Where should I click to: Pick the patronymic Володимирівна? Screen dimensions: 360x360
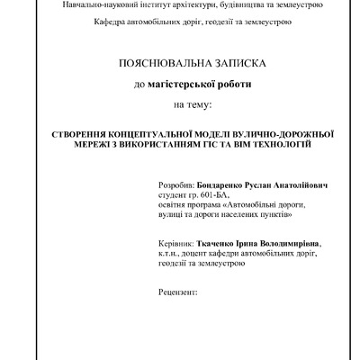coord(287,243)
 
